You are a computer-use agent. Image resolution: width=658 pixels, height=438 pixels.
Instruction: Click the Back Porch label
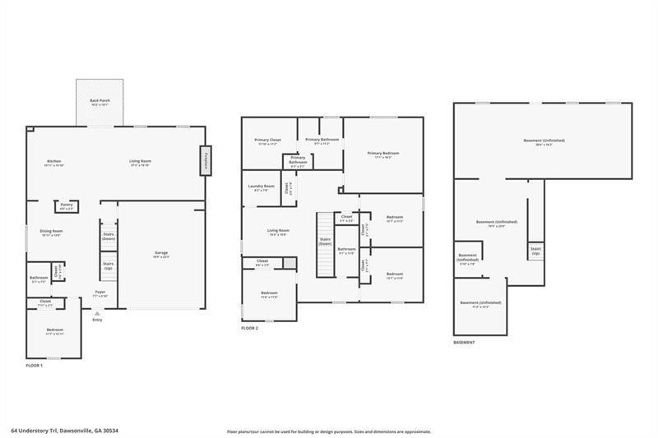100,102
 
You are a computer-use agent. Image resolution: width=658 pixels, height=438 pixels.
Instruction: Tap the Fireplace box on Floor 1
205,161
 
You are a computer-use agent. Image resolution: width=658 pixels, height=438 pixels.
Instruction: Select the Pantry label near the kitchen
67,206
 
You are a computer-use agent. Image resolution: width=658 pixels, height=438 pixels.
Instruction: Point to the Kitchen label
53,163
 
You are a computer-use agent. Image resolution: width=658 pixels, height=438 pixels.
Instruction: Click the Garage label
161,254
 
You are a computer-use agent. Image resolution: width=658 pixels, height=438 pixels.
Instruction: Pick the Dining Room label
52,233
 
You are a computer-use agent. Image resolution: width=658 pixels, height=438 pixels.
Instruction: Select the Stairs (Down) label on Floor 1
108,236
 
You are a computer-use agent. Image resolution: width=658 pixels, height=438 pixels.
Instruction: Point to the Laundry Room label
261,187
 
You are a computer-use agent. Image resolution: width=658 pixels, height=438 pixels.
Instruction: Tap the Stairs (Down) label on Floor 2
325,242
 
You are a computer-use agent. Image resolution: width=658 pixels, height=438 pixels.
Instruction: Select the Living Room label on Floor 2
278,232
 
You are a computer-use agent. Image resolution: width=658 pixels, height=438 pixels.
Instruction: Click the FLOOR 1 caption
35,365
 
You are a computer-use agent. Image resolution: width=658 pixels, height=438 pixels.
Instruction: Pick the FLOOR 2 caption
249,328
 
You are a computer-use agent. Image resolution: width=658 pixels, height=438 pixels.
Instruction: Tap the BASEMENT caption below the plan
464,342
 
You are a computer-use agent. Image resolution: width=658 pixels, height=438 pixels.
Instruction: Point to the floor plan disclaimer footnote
329,431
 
